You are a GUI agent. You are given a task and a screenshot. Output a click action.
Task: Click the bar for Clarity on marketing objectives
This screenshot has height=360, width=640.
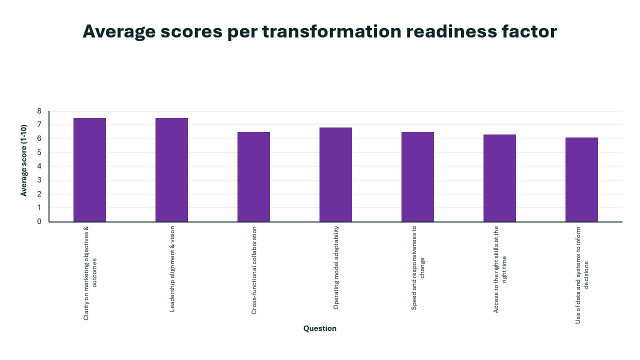[x=89, y=170]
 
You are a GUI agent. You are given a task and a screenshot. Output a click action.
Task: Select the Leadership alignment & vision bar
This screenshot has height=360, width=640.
[x=171, y=170]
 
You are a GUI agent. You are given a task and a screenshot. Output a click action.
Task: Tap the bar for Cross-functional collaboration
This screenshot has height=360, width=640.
[x=253, y=177]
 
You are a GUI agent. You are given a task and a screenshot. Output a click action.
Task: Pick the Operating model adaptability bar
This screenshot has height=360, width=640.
[x=335, y=174]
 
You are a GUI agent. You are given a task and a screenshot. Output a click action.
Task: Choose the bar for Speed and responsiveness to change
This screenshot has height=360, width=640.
[x=417, y=177]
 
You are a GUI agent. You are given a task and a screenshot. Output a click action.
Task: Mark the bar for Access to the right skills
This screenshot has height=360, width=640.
[x=499, y=178]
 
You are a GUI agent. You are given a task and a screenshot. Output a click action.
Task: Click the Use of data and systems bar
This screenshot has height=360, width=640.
[x=581, y=179]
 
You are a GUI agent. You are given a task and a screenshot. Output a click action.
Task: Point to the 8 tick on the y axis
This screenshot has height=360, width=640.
[x=39, y=111]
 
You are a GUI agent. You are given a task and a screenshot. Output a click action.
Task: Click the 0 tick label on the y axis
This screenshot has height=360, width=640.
[x=39, y=221]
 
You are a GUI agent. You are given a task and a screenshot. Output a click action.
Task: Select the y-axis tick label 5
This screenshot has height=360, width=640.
[x=39, y=152]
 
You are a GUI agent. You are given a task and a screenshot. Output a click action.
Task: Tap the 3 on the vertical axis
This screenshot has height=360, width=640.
[x=39, y=180]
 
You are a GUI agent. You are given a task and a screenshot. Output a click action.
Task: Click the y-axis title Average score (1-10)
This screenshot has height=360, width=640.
[x=24, y=160]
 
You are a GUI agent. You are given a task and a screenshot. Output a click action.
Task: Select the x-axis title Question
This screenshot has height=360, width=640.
[x=320, y=328]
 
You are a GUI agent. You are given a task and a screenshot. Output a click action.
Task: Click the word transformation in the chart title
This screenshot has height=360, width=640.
[x=331, y=31]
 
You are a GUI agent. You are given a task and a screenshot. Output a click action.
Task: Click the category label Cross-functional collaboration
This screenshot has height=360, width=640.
[x=254, y=270]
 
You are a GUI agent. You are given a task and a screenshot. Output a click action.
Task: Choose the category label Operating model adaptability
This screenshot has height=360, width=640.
[x=336, y=267]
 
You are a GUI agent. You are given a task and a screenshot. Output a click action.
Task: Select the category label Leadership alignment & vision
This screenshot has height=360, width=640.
[x=172, y=269]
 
